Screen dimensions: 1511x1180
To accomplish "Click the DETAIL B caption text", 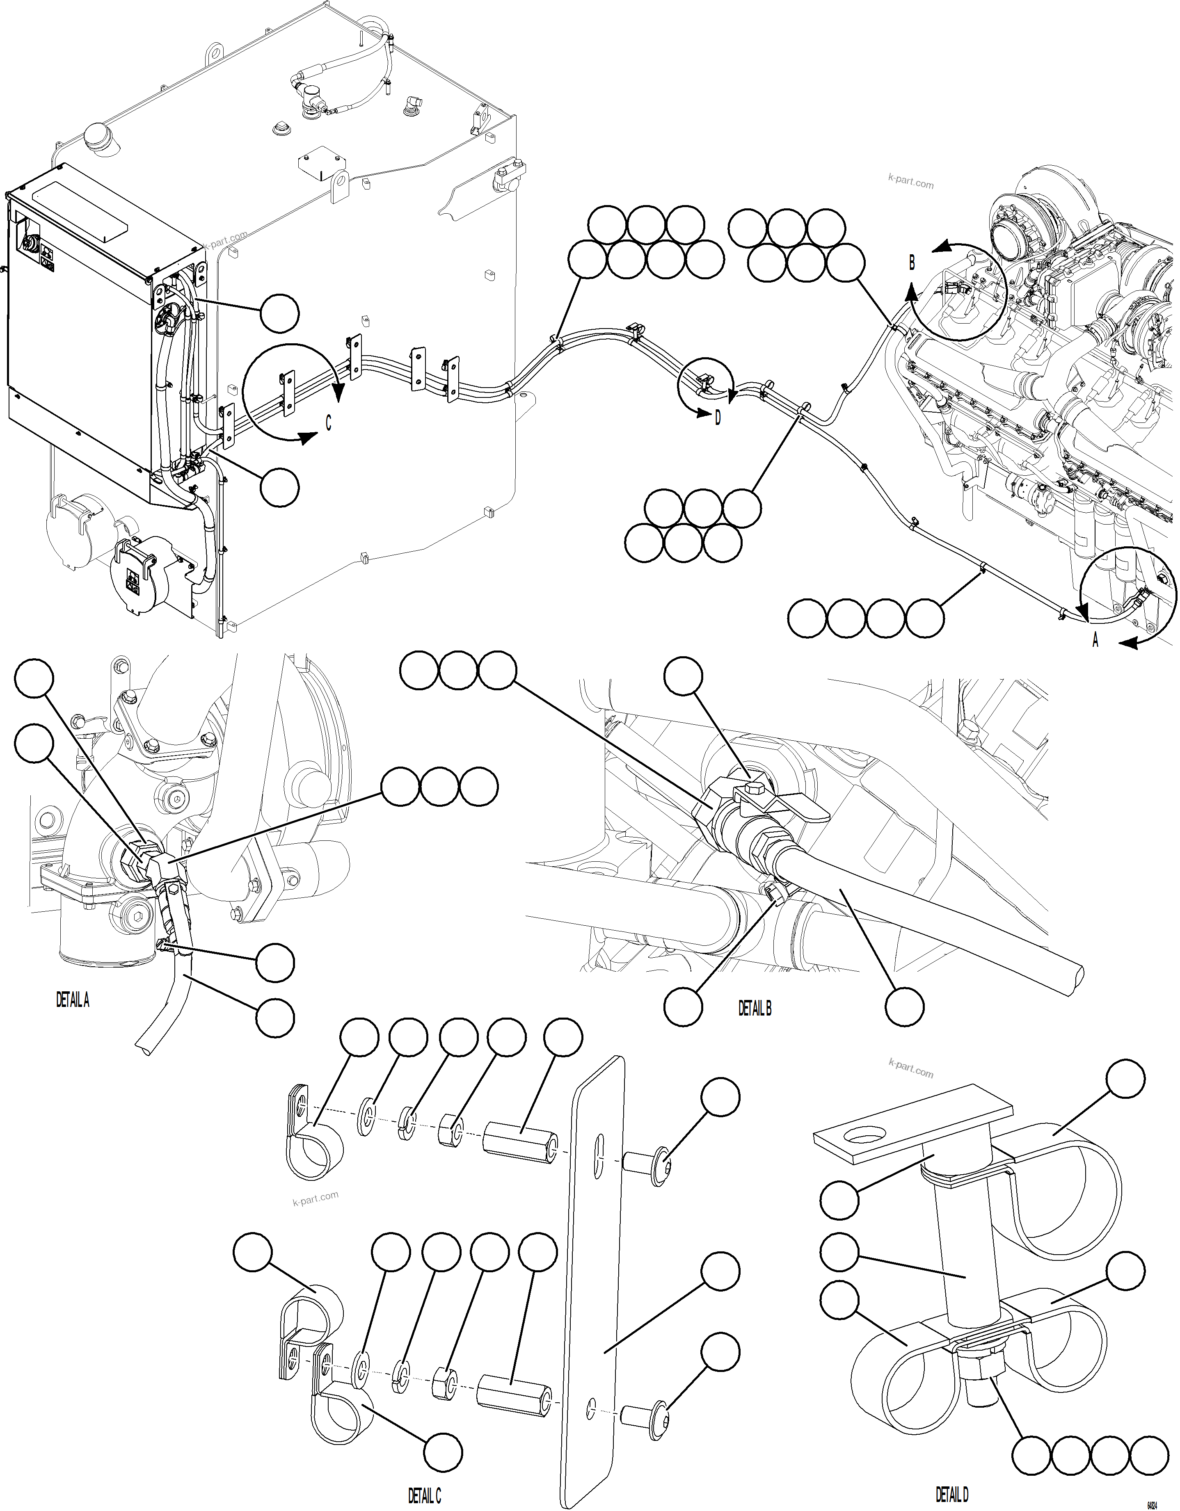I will click(x=755, y=1009).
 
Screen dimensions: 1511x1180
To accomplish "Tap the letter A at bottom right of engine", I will click(x=1095, y=641).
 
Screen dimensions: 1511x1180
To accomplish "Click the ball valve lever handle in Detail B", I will click(x=796, y=805).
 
